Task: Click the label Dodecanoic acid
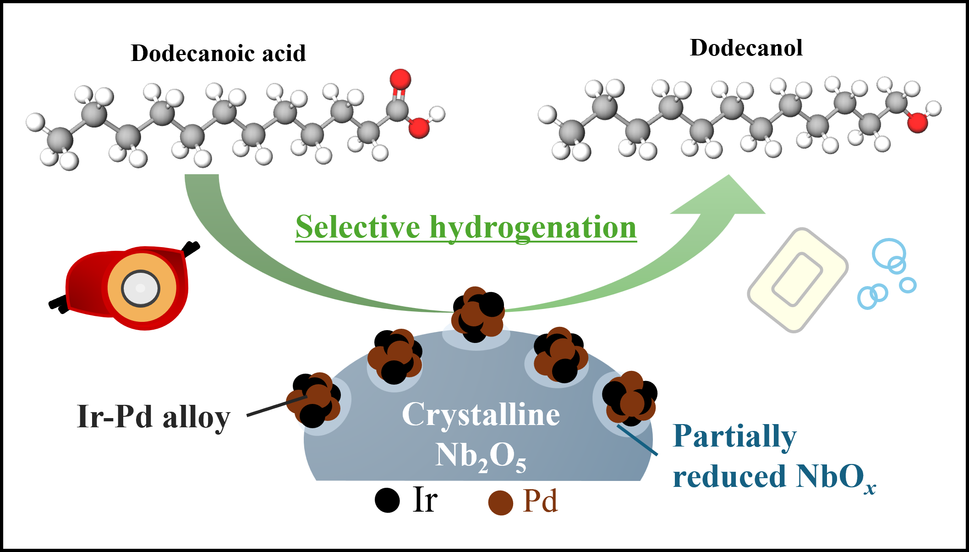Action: pyautogui.click(x=218, y=53)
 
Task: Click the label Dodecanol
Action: pyautogui.click(x=746, y=48)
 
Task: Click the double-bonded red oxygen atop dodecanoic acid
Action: pyautogui.click(x=400, y=79)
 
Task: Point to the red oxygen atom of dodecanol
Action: pyautogui.click(x=917, y=122)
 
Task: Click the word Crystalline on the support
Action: pyautogui.click(x=481, y=414)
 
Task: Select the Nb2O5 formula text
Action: pyautogui.click(x=481, y=456)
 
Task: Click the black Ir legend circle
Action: pyautogui.click(x=387, y=500)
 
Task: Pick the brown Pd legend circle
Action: pyautogui.click(x=500, y=502)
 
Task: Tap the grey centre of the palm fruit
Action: pyautogui.click(x=141, y=288)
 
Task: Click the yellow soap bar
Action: pyautogui.click(x=798, y=280)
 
